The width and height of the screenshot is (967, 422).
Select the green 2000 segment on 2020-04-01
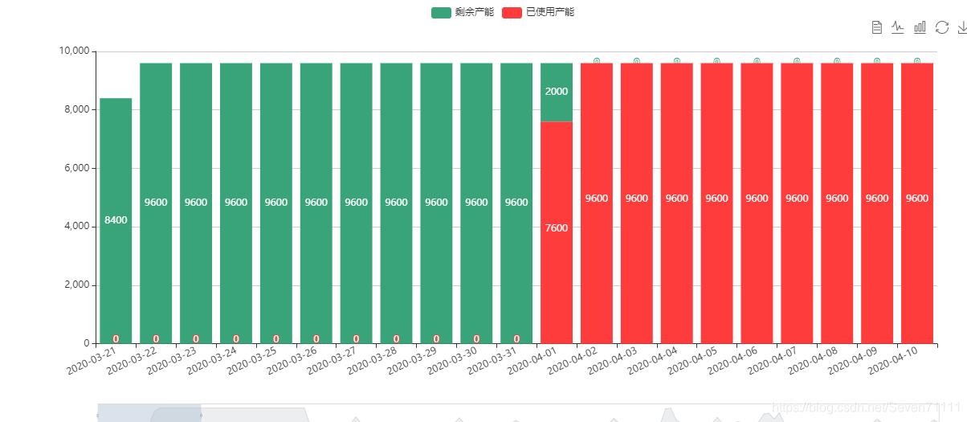pyautogui.click(x=557, y=92)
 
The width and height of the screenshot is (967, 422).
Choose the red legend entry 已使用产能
pyautogui.click(x=537, y=12)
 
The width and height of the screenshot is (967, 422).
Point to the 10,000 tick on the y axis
pyautogui.click(x=74, y=51)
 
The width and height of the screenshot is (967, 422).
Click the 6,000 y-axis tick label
pyautogui.click(x=76, y=168)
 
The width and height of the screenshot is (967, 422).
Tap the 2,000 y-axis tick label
pyautogui.click(x=76, y=285)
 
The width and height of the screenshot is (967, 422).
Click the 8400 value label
pyautogui.click(x=116, y=219)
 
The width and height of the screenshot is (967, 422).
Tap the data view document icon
pyautogui.click(x=877, y=28)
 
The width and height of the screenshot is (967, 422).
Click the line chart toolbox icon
pyautogui.click(x=898, y=28)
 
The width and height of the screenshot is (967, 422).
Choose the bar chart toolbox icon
pyautogui.click(x=920, y=28)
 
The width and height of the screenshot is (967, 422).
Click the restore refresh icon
pyautogui.click(x=942, y=28)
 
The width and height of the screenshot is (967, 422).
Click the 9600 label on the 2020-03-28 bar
pyautogui.click(x=396, y=203)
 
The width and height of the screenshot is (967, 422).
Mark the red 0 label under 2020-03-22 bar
pyautogui.click(x=156, y=338)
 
